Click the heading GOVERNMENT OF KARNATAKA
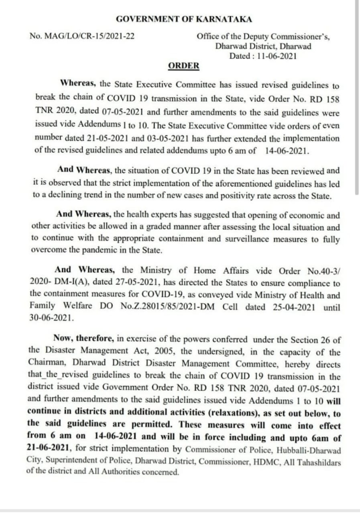click(184, 19)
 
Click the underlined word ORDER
click(183, 66)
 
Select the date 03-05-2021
click(168, 139)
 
